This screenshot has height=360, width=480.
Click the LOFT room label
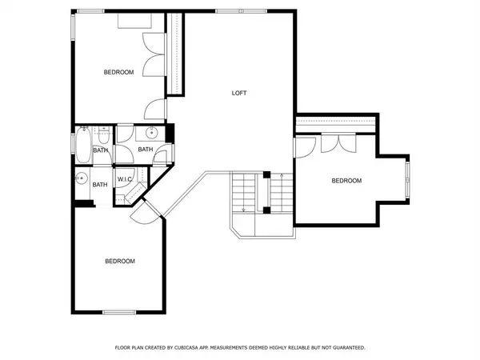click(238, 93)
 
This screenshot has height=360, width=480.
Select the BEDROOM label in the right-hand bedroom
click(346, 181)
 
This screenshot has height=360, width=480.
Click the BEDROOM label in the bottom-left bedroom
click(119, 261)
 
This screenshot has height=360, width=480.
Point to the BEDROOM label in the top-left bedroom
click(118, 72)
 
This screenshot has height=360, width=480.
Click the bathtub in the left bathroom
click(82, 145)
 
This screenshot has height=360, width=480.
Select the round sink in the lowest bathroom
click(82, 178)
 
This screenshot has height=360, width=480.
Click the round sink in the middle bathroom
click(152, 133)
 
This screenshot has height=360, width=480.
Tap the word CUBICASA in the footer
click(202, 348)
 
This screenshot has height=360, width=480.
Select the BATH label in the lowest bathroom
click(100, 185)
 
